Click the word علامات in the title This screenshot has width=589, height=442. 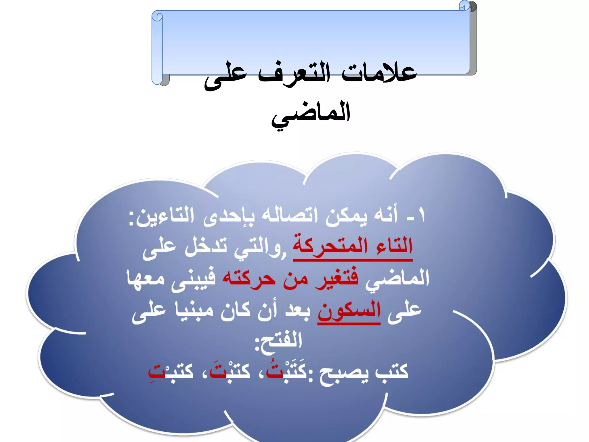click(x=379, y=72)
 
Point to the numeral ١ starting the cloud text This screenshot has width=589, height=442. click(x=421, y=215)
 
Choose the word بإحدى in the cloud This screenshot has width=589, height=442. click(x=229, y=216)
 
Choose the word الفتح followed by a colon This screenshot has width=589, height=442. click(x=279, y=341)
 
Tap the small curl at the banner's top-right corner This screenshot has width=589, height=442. click(x=464, y=5)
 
